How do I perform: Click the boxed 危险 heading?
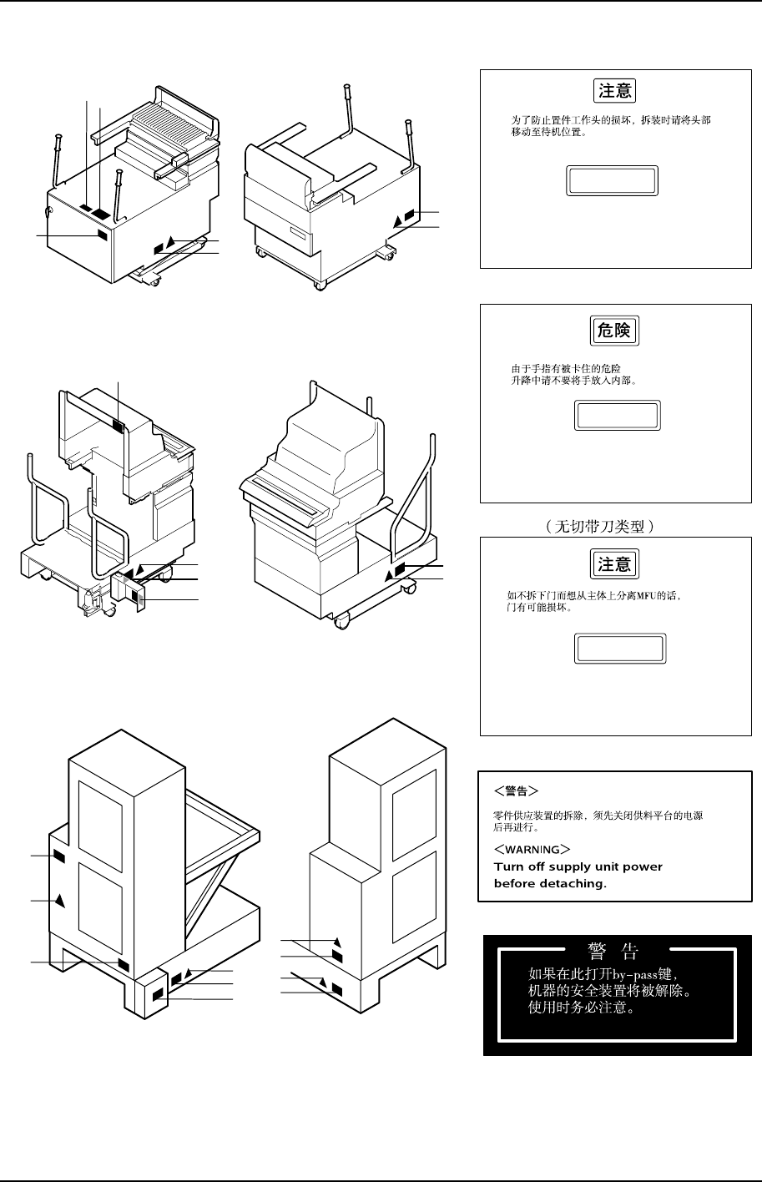(614, 331)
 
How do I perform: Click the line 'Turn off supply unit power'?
(578, 866)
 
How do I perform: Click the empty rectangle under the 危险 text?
(618, 416)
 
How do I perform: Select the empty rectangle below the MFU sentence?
(618, 649)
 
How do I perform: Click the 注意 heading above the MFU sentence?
(614, 564)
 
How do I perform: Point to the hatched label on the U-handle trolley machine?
(118, 427)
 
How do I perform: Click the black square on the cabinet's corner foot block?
(159, 994)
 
